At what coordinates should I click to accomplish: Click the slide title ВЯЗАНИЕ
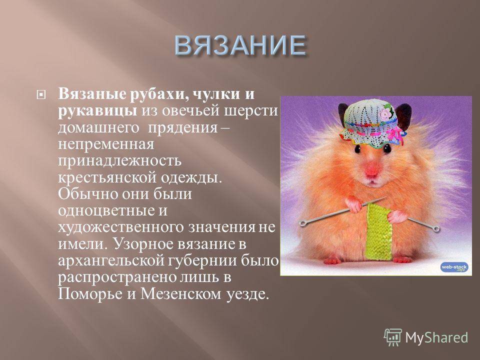point(240,45)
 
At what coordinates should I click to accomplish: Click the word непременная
point(106,144)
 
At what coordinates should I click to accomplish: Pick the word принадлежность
point(119,160)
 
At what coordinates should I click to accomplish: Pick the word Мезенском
point(181,294)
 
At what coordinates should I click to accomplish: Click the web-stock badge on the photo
point(454,267)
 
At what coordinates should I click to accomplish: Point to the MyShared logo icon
point(393,337)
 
